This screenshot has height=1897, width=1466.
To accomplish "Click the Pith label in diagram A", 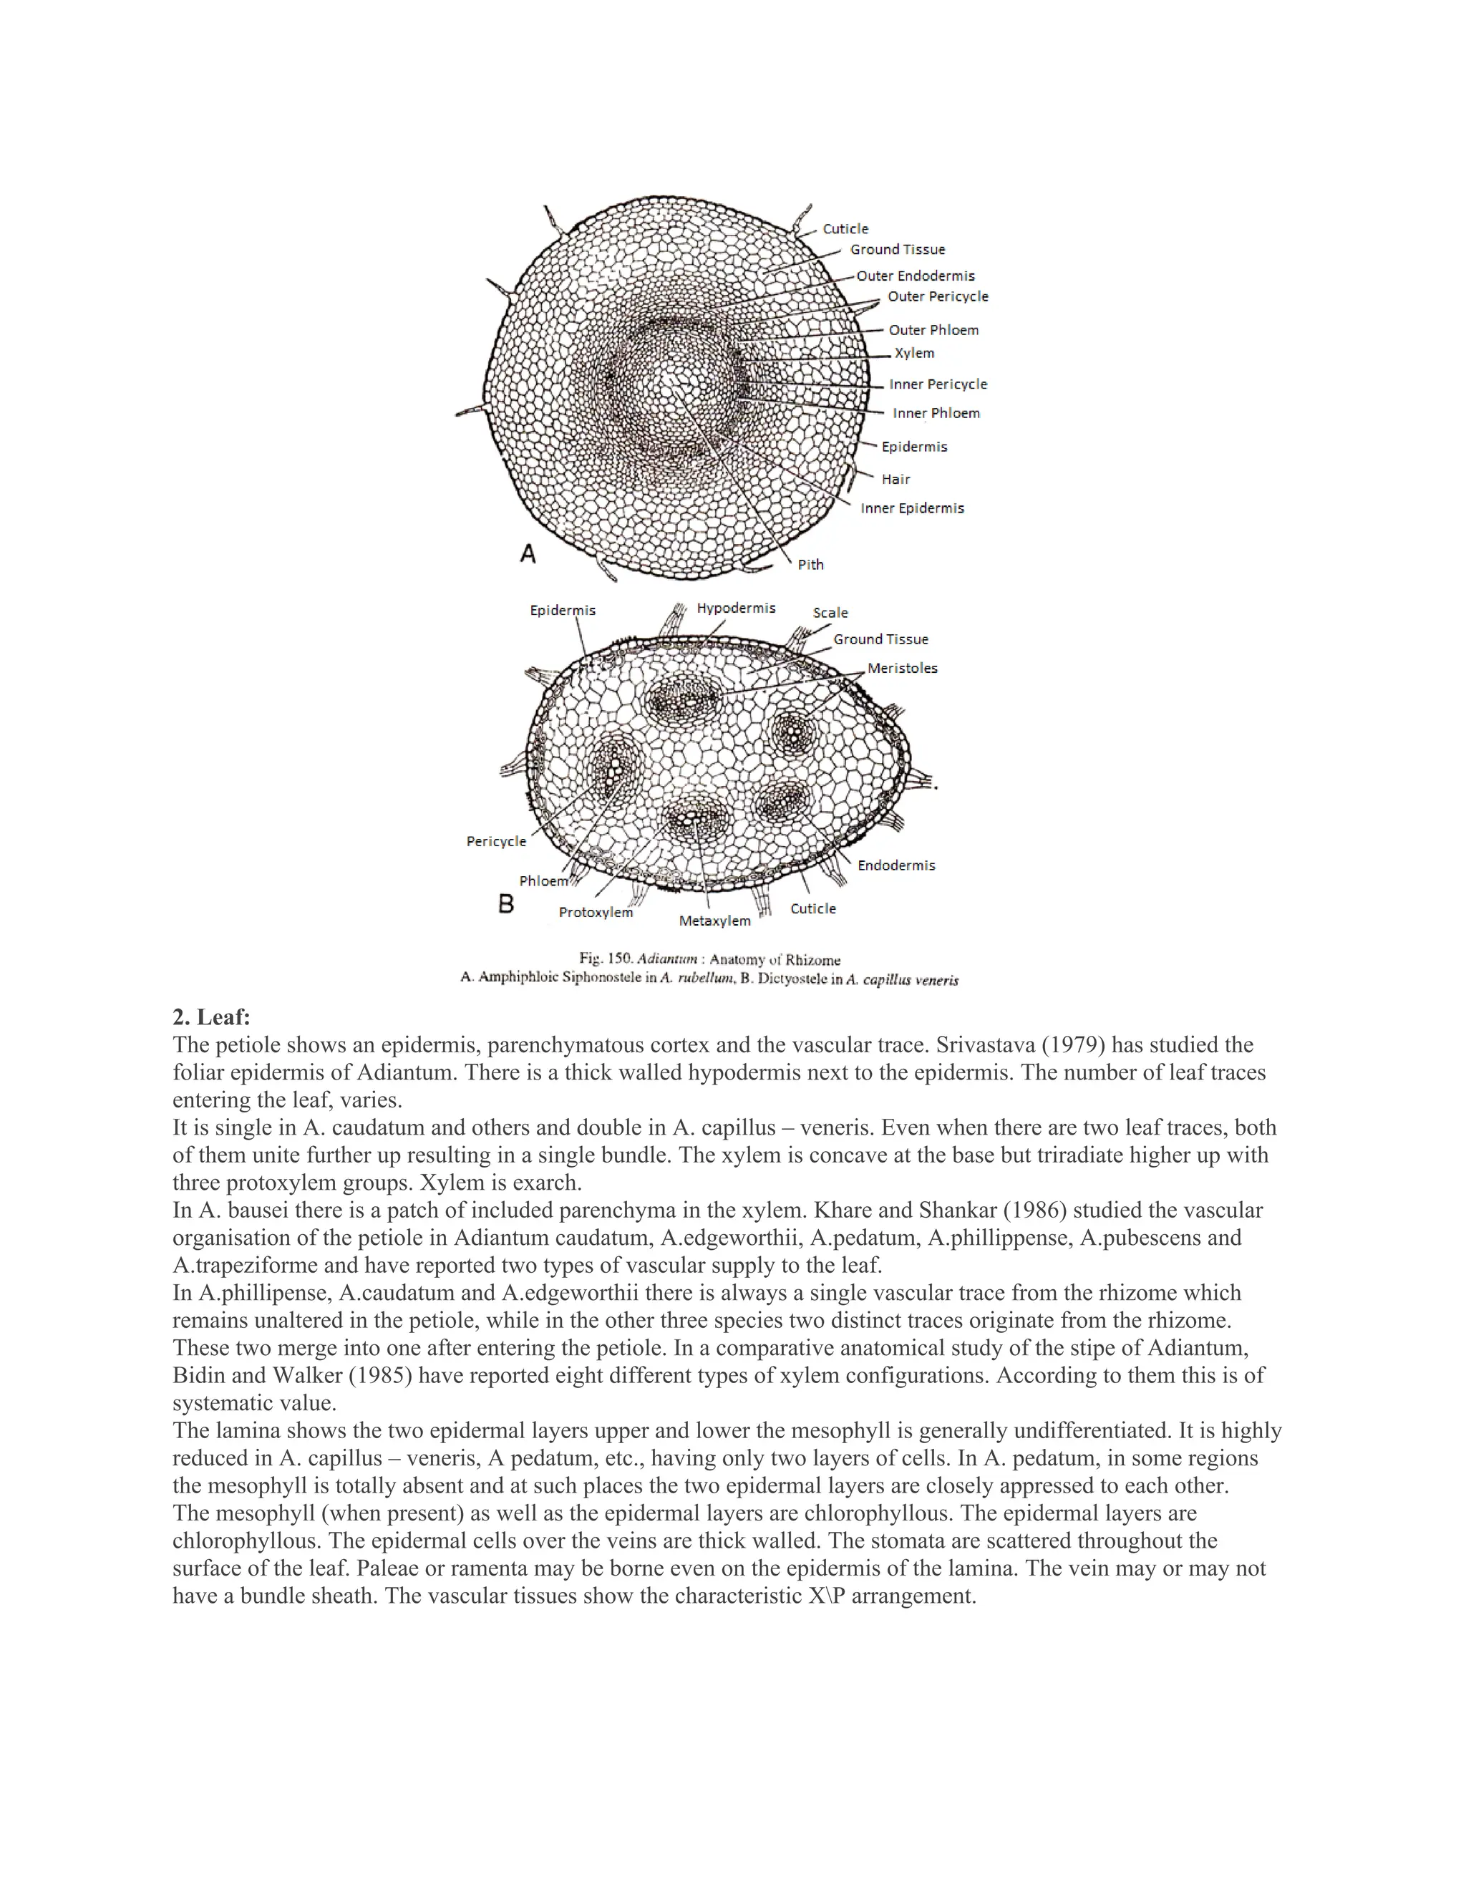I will (x=810, y=565).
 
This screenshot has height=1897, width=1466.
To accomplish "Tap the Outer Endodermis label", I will (x=916, y=276).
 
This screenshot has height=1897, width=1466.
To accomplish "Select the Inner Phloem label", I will (x=936, y=414).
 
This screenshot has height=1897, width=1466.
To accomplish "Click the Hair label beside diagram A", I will (x=895, y=480).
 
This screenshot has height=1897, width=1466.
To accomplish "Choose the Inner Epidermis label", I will (x=912, y=508).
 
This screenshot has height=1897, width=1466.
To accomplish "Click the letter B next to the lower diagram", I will (x=505, y=904).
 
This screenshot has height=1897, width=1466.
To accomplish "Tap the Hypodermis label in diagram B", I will (x=736, y=608).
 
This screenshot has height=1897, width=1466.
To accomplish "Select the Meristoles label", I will (x=903, y=668).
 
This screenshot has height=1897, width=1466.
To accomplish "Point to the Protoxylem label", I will (x=595, y=912).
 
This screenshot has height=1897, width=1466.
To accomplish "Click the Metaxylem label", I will (x=714, y=921).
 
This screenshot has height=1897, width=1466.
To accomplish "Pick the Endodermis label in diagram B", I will (x=895, y=865).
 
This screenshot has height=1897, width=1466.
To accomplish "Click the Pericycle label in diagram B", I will (x=496, y=841).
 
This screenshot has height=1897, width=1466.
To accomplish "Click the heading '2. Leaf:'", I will (x=211, y=1017).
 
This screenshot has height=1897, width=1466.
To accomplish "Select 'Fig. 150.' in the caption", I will (x=606, y=959).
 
